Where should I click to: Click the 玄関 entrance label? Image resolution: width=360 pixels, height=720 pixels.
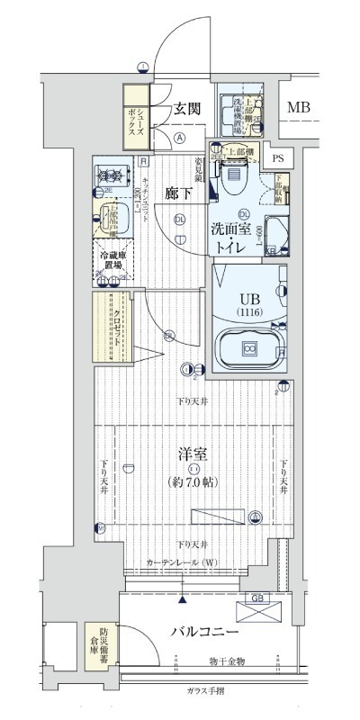[x=187, y=109]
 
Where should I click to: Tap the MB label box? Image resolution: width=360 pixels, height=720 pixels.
[x=298, y=108]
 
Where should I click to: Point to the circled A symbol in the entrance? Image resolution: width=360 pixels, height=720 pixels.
[x=180, y=138]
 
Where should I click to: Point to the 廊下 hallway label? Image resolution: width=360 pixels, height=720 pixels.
[x=176, y=193]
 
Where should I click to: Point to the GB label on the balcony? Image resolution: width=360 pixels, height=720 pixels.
[x=256, y=597]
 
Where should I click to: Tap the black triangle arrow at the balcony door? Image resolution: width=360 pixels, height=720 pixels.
[x=184, y=598]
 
